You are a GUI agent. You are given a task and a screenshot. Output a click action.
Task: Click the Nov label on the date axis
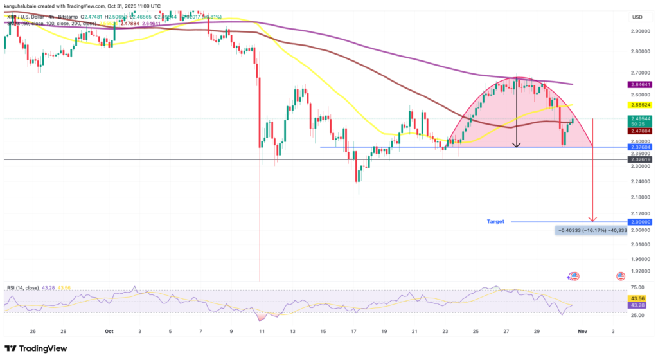click(583, 330)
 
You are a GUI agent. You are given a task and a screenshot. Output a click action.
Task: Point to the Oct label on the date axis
click(109, 330)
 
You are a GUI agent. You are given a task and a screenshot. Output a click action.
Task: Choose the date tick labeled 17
click(353, 330)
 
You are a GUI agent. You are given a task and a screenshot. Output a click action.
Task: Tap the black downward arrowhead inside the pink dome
click(516, 144)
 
